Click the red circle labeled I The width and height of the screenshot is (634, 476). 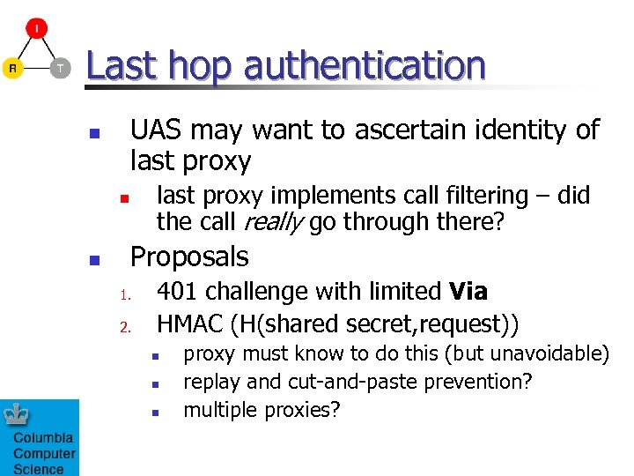36,28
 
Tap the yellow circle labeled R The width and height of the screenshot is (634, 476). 13,68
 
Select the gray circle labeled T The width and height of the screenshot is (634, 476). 59,68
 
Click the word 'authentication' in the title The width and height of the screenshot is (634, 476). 365,66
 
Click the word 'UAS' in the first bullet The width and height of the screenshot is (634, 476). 157,130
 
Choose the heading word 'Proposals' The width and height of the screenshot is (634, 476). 189,257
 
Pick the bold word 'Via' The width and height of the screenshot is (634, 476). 468,292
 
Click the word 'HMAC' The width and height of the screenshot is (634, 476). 189,324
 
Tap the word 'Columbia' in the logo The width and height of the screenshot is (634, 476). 43,438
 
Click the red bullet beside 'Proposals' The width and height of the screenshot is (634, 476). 94,260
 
